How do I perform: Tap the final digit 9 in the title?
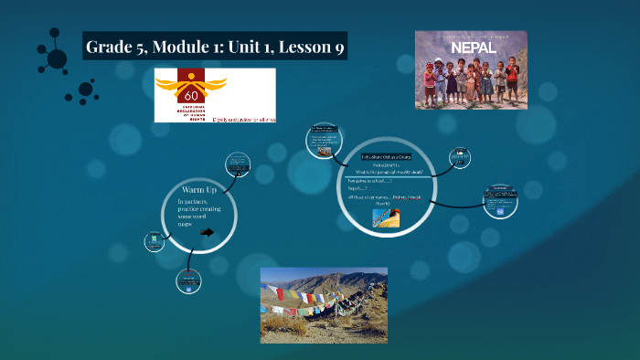click(339, 47)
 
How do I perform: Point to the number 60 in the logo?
click(192, 95)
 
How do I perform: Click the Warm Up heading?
click(199, 189)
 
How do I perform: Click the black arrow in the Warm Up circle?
click(207, 232)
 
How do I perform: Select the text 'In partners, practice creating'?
click(200, 206)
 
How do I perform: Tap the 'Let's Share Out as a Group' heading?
click(385, 157)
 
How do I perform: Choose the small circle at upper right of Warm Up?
click(238, 164)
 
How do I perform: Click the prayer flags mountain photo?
click(324, 304)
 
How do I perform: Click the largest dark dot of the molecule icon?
click(57, 58)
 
